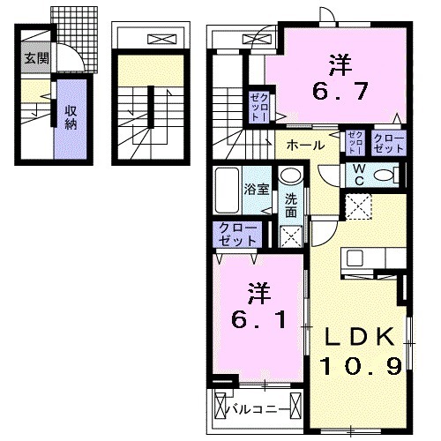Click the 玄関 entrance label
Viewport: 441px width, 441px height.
[36, 59]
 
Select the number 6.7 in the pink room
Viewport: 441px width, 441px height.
[335, 77]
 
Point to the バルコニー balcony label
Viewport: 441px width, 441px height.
[255, 408]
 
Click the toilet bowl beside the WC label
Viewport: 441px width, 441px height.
[385, 175]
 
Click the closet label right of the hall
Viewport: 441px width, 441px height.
[388, 143]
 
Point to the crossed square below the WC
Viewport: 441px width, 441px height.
[357, 207]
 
